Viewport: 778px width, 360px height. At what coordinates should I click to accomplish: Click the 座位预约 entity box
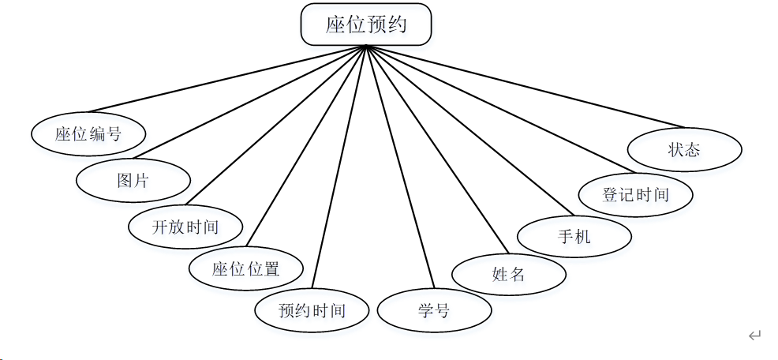366,24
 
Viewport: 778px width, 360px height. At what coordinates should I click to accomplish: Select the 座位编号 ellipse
88,133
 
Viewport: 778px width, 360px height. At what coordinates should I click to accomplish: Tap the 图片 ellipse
133,180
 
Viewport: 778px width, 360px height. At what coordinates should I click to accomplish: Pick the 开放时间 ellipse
185,227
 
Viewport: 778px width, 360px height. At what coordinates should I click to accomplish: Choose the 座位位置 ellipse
246,268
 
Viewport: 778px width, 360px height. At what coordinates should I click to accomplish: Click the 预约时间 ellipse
312,309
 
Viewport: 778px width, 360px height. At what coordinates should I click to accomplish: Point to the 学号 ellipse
434,310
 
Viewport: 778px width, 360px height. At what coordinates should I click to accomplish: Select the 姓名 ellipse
509,274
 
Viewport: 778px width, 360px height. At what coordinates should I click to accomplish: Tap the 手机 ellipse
574,235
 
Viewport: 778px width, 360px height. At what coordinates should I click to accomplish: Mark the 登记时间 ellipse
636,194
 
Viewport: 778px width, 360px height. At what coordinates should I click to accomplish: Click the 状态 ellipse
684,149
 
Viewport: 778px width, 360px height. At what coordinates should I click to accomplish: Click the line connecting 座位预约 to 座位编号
227,79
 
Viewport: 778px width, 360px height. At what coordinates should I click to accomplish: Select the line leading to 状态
524,86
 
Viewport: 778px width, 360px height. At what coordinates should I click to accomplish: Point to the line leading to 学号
400,166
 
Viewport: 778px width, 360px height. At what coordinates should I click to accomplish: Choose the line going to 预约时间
339,166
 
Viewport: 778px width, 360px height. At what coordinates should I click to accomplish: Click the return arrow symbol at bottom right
754,336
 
